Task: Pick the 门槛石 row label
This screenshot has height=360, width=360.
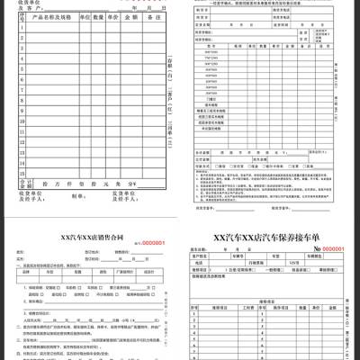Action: click(x=211, y=98)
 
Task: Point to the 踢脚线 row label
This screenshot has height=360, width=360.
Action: click(x=211, y=104)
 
